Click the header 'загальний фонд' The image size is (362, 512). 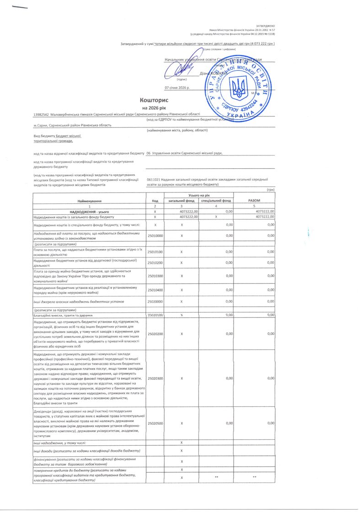tap(181, 201)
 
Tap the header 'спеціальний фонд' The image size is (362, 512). tap(216, 201)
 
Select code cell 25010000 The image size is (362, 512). tap(155, 235)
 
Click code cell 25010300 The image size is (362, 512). tap(155, 276)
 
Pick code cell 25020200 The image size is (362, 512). tap(155, 334)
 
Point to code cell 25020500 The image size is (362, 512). tap(155, 423)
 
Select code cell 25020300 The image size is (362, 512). tap(155, 378)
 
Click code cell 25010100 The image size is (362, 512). tap(155, 251)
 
